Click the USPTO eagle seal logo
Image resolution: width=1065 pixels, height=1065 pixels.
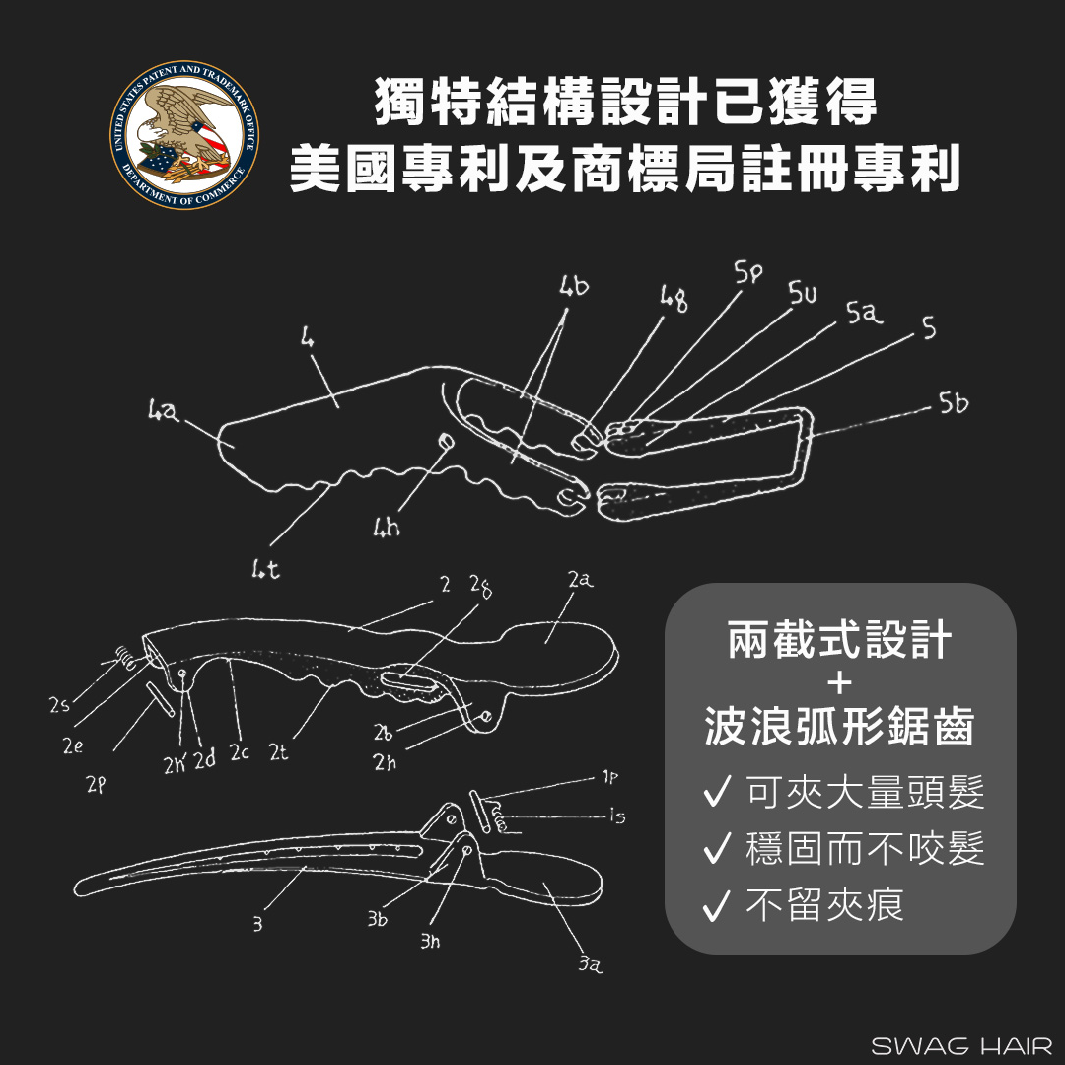tap(184, 134)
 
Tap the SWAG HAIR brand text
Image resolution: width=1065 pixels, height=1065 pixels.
tap(961, 1045)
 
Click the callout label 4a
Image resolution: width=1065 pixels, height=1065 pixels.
tap(164, 411)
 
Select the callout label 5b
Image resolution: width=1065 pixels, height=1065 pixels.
tap(954, 403)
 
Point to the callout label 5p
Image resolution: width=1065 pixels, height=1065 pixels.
tap(748, 272)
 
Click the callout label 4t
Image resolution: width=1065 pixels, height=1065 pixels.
tap(265, 569)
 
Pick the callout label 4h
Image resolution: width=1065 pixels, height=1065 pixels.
tap(387, 527)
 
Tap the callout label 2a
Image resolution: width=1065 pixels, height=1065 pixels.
tap(581, 580)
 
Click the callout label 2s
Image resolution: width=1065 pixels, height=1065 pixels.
tap(60, 705)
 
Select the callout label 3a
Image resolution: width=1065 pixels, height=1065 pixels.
tap(590, 963)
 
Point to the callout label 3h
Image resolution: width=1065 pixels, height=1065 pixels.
tap(430, 941)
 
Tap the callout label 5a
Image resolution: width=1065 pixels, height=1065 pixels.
tap(864, 314)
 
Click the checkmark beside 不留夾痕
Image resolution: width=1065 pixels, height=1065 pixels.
tap(717, 905)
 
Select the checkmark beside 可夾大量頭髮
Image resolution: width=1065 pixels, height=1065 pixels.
tap(717, 791)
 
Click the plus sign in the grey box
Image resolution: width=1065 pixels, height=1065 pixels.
tap(840, 682)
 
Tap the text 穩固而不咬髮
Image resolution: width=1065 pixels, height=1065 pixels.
tap(866, 849)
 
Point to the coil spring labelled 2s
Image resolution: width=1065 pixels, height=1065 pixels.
tap(124, 658)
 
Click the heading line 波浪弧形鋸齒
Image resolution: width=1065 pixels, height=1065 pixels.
tap(839, 726)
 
